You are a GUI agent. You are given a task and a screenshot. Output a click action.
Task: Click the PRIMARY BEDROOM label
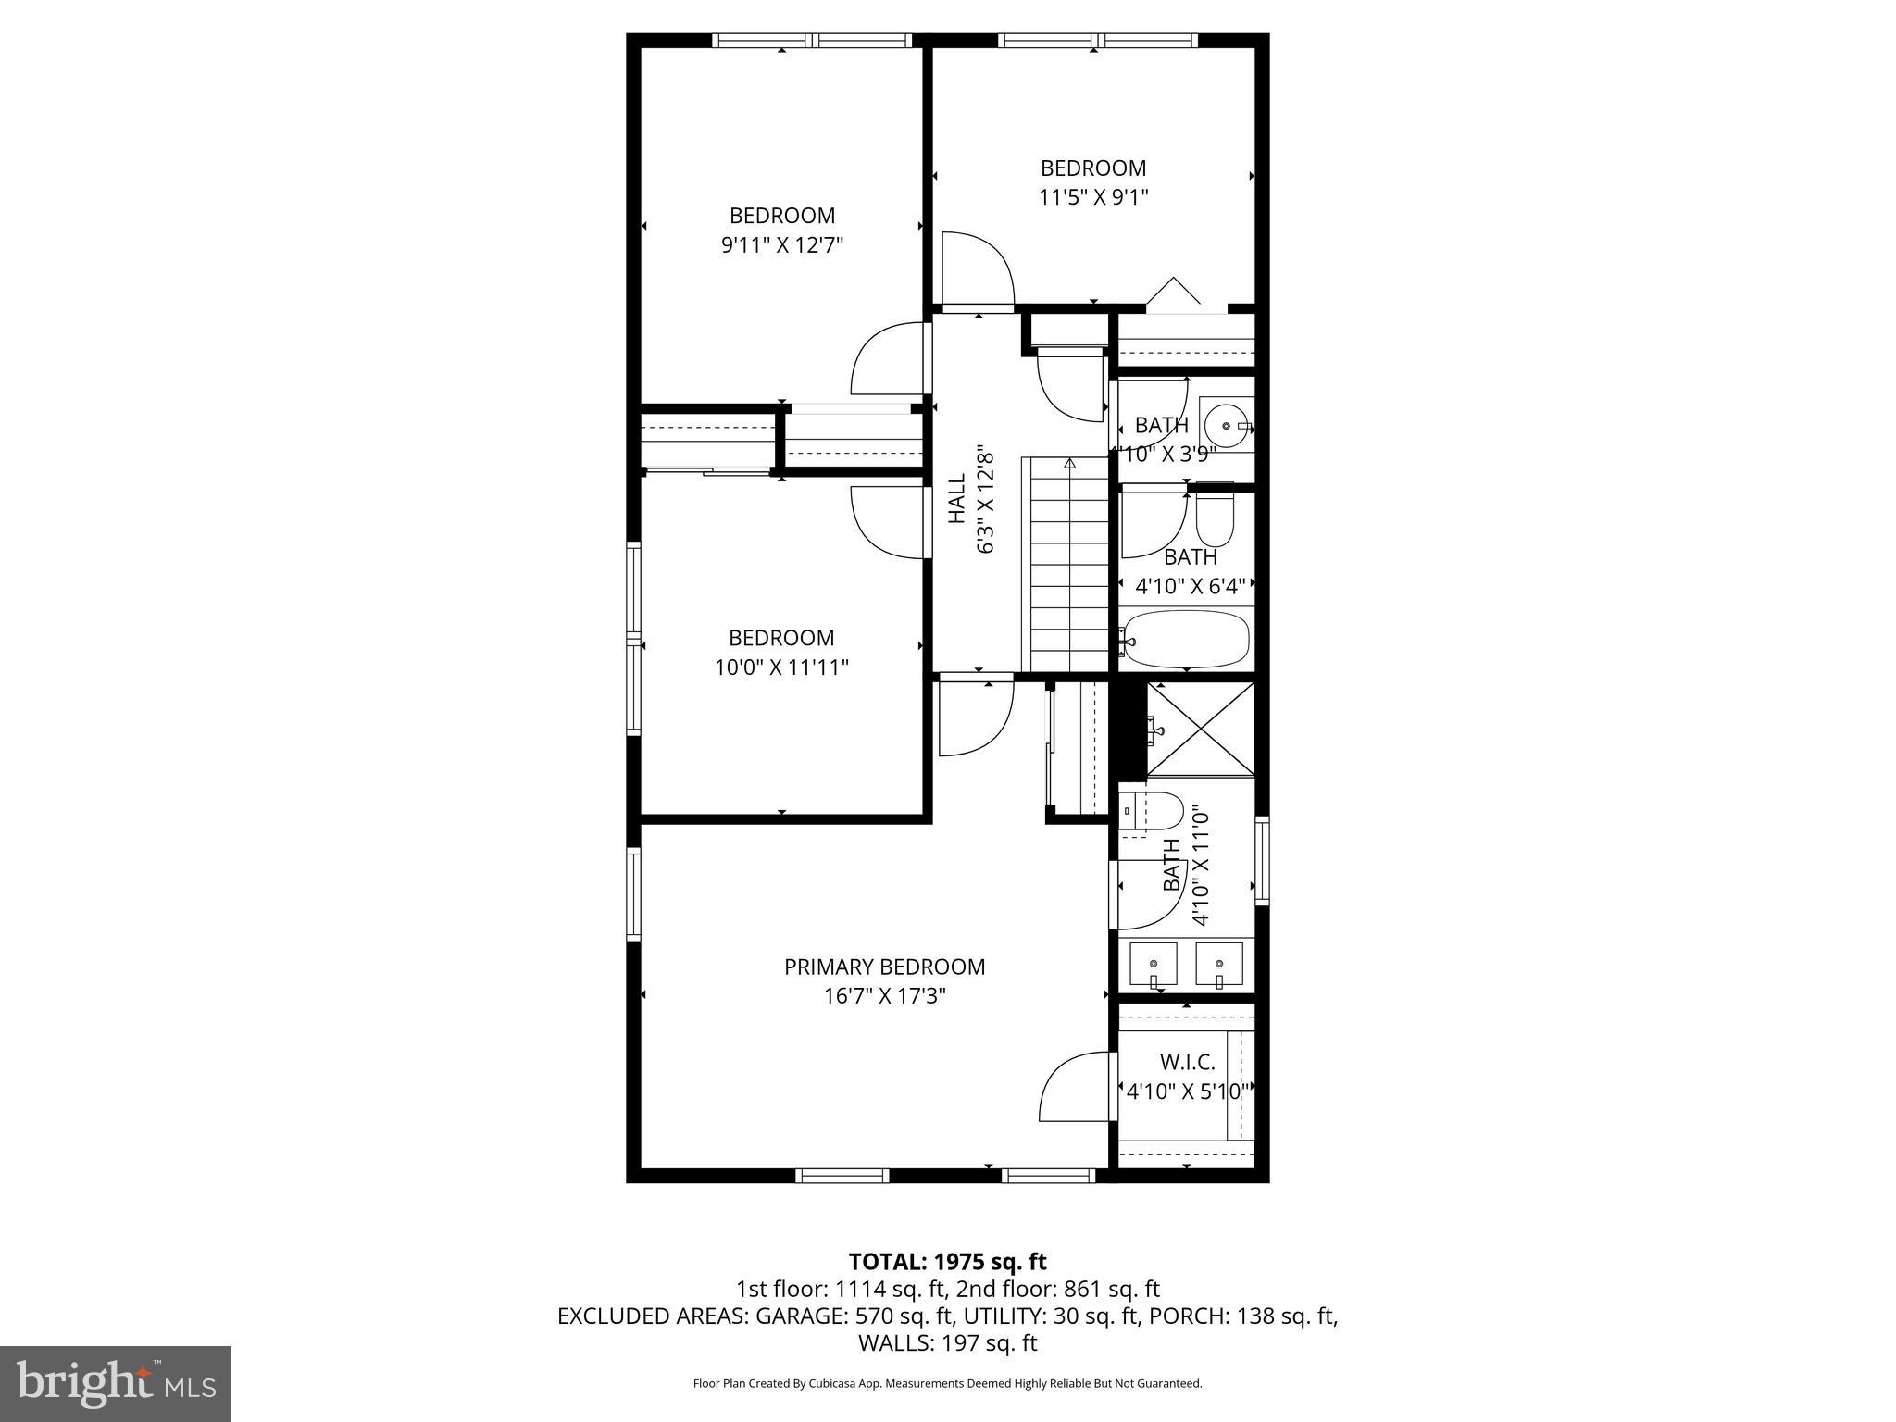[884, 967]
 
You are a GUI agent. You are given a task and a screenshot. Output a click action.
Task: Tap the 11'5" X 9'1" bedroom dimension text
[1092, 197]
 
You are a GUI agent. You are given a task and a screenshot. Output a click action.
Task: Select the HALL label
[956, 500]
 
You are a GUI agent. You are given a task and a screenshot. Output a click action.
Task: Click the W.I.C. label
[1187, 1062]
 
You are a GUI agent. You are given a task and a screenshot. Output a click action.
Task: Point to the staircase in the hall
[1066, 565]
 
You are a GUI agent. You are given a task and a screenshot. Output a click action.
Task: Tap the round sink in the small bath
[1228, 427]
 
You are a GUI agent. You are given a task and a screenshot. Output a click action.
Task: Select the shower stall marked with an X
[1201, 729]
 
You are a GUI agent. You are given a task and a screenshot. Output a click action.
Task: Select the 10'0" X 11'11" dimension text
[781, 667]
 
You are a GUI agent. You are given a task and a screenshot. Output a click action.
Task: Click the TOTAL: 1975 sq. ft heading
[947, 1261]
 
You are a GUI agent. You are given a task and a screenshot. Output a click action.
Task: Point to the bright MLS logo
[116, 1383]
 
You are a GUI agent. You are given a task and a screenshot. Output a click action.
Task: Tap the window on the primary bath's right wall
[1261, 860]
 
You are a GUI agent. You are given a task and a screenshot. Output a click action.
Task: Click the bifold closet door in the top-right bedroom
[1174, 292]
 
